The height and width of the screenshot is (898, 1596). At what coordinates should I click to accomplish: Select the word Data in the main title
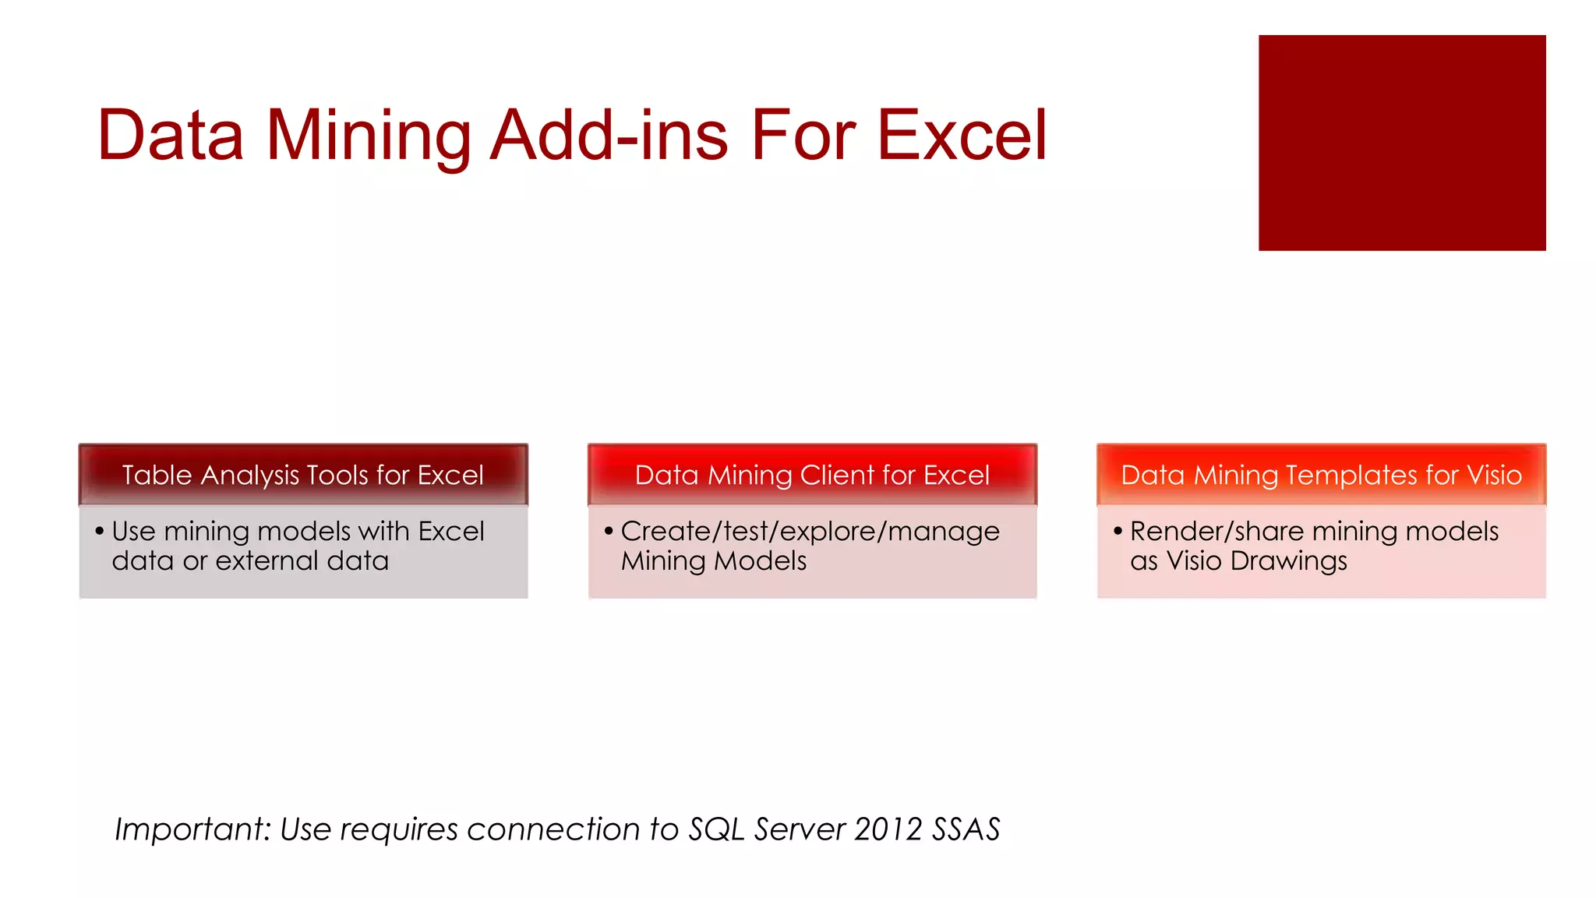pyautogui.click(x=171, y=136)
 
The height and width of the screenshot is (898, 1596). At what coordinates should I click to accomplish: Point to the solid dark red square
pyautogui.click(x=1401, y=143)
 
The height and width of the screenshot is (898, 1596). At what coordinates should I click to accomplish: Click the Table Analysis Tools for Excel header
pyautogui.click(x=303, y=475)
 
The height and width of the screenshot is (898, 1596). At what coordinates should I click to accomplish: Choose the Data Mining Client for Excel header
pyautogui.click(x=812, y=475)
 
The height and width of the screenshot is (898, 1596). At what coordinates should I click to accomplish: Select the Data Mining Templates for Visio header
pyautogui.click(x=1321, y=475)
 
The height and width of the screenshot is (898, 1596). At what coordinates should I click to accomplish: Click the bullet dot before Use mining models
pyautogui.click(x=99, y=532)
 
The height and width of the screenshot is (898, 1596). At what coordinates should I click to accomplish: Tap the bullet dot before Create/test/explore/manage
pyautogui.click(x=609, y=532)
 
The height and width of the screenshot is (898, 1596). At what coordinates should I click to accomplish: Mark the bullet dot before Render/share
pyautogui.click(x=1118, y=532)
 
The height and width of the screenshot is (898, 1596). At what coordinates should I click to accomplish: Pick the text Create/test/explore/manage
pyautogui.click(x=810, y=532)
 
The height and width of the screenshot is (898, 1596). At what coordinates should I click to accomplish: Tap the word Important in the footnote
pyautogui.click(x=192, y=829)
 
